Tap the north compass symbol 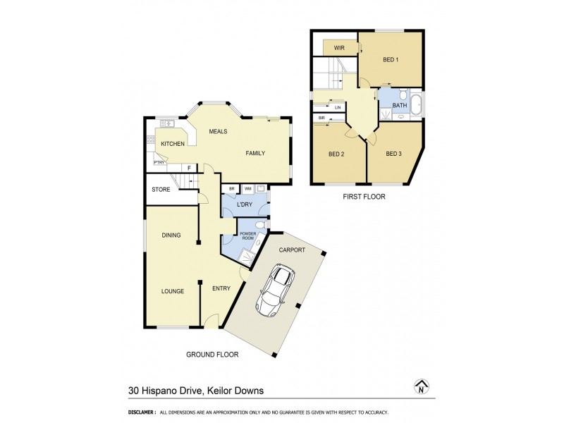click(421, 386)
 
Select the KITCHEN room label click(173, 144)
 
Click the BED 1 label click(391, 60)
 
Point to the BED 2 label click(336, 154)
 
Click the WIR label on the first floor click(338, 48)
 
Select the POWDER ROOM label click(247, 236)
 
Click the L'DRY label click(244, 204)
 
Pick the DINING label click(171, 235)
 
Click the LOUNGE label click(172, 291)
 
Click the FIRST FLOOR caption click(364, 197)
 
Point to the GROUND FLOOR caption click(212, 355)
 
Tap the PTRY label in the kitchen click(159, 163)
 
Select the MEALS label click(217, 131)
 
